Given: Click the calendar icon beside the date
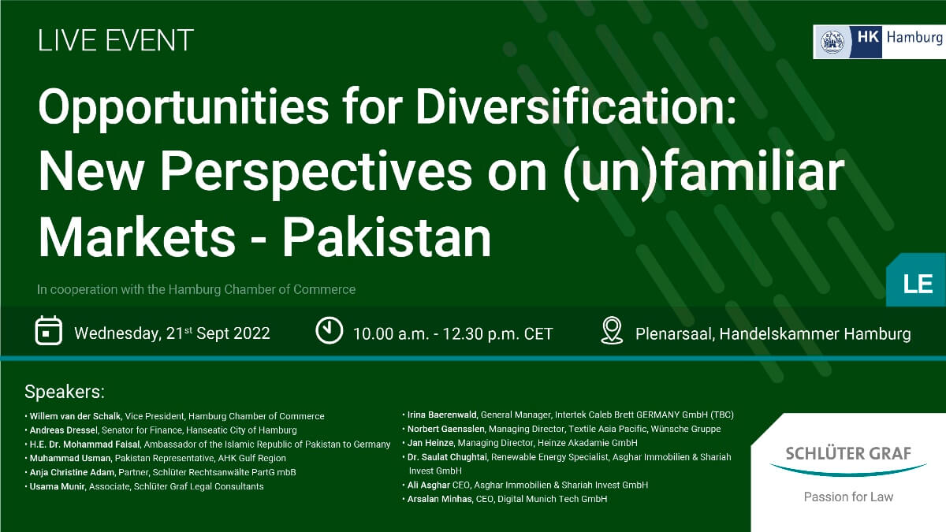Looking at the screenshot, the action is click(49, 330).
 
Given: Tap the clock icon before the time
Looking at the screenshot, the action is click(329, 330).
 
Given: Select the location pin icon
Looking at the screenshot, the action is click(612, 330).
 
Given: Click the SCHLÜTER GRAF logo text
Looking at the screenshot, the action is click(848, 454).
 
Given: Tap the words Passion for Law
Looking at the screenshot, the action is click(848, 497).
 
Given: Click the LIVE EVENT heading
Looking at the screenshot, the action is click(116, 40).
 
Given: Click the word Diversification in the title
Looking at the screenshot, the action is click(576, 106).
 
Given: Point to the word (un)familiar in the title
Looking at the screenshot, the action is click(704, 172).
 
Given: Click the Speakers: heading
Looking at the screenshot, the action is click(65, 392).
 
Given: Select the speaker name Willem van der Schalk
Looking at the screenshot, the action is click(75, 416).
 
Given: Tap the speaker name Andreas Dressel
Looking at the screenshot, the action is click(63, 430).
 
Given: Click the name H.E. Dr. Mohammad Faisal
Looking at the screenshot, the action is click(84, 445).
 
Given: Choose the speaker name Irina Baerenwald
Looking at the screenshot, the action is click(442, 415).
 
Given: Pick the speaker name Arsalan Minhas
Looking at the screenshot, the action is click(439, 499).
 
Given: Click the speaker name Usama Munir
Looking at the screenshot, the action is click(58, 486).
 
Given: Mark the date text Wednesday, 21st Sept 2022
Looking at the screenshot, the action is click(173, 333).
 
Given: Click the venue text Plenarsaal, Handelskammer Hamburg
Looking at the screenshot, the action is click(773, 334).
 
